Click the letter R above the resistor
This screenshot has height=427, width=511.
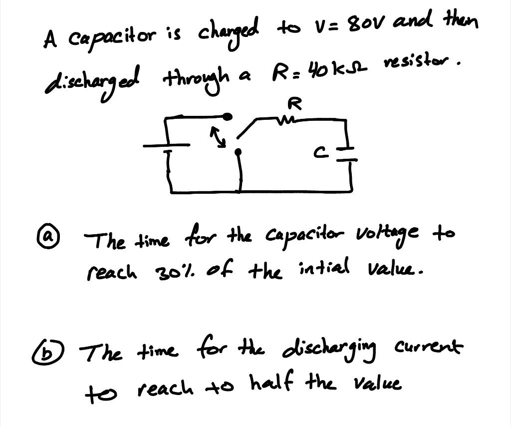point(295,104)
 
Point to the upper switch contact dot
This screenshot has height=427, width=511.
point(227,117)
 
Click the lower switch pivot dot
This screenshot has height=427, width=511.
point(238,151)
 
